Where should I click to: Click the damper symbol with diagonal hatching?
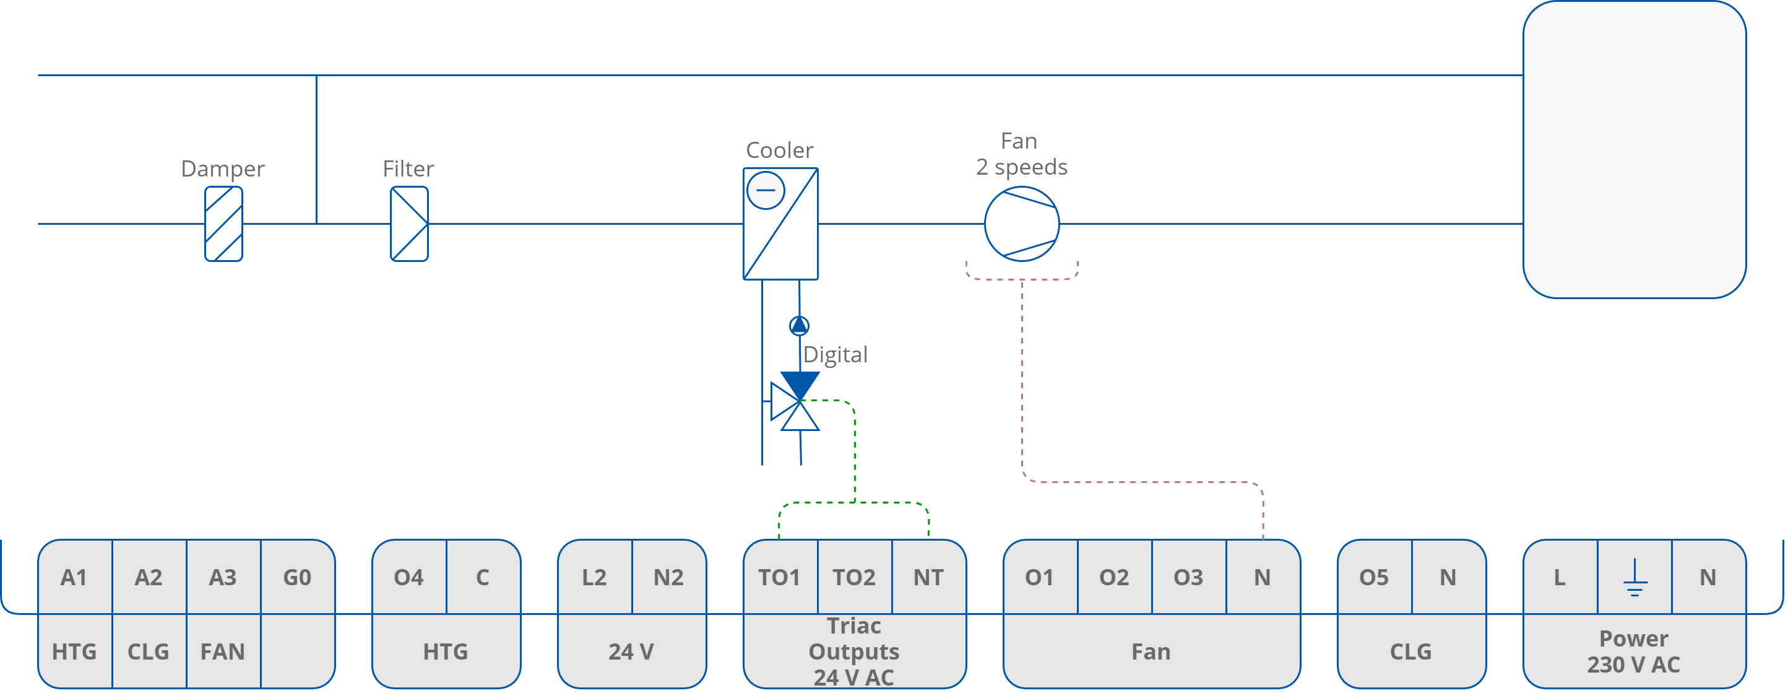223,224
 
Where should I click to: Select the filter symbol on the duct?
409,224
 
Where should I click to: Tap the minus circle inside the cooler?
766,190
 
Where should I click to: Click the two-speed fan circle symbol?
1022,224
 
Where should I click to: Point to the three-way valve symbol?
796,403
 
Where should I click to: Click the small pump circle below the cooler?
799,325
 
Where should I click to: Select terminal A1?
74,577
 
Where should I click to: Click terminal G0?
297,577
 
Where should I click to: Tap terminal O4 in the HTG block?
409,577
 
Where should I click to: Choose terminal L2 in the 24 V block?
594,577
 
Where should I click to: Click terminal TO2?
853,577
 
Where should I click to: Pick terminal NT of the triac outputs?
928,577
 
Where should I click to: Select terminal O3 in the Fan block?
1188,577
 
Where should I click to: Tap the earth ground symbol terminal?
1635,577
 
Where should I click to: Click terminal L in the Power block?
1560,577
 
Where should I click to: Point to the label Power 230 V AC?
1633,652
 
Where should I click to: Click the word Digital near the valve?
835,355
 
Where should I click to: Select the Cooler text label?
779,150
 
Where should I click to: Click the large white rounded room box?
1634,149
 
